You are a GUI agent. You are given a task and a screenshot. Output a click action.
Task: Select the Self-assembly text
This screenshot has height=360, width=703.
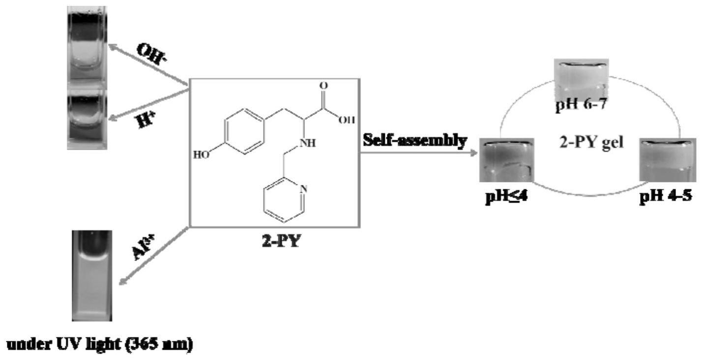coord(414,141)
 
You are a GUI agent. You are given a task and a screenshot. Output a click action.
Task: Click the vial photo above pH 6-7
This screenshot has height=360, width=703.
coord(581,77)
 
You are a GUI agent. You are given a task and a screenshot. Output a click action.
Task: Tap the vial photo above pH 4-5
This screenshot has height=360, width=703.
coord(666,160)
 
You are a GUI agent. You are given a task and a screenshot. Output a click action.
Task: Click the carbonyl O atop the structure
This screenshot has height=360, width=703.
coord(322,86)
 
